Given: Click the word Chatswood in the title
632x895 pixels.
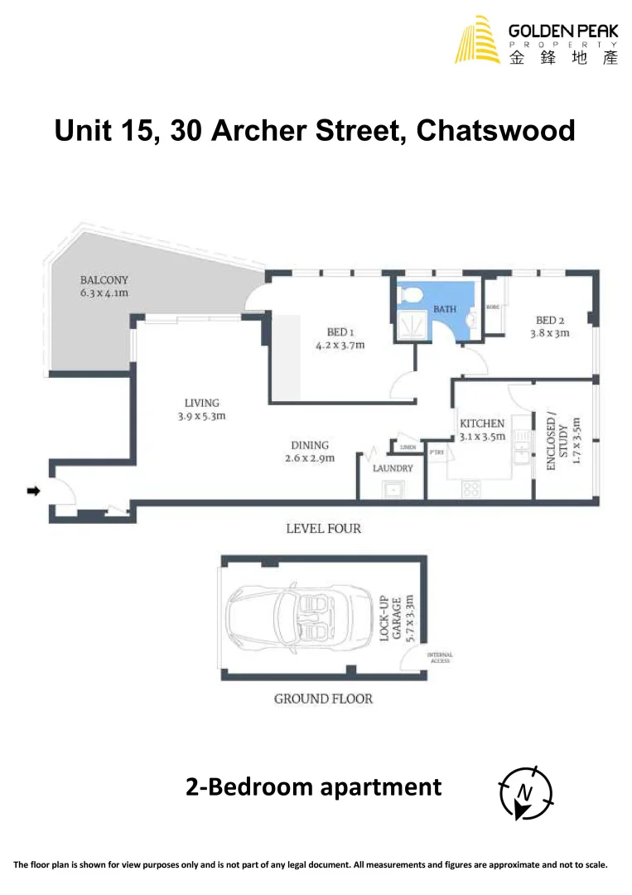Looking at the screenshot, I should [x=495, y=131].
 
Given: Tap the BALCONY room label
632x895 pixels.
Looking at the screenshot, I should [x=104, y=287].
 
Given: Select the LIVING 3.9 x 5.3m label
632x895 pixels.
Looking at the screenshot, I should [x=201, y=410].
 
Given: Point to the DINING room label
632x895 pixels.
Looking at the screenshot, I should [x=309, y=451].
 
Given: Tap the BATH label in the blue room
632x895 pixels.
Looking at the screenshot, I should [x=445, y=309].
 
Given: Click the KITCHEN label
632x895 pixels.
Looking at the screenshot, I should [x=482, y=429].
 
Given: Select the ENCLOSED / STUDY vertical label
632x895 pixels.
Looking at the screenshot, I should [x=562, y=443].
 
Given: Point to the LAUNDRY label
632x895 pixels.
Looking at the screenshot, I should [x=393, y=468].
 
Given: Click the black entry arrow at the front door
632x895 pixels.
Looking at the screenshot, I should [x=34, y=491].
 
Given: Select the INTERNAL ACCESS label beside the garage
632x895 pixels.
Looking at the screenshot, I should [x=439, y=658].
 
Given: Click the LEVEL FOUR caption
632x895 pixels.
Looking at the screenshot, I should [x=323, y=528].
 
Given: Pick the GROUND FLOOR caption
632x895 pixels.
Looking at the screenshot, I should [x=323, y=699].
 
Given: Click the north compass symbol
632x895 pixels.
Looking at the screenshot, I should [x=525, y=792].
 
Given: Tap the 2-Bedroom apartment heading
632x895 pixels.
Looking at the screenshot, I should [x=314, y=786].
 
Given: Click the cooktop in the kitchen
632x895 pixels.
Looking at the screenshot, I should [x=471, y=489].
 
